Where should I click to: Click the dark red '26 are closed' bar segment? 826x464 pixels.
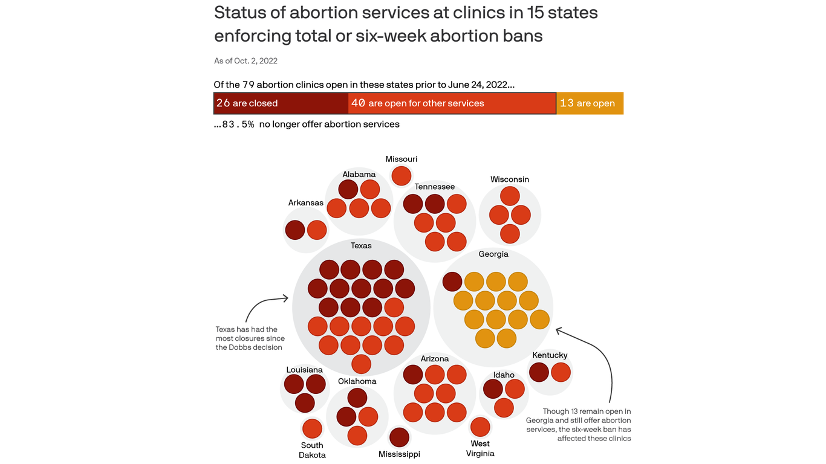point(281,103)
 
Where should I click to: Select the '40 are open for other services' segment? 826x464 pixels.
point(452,103)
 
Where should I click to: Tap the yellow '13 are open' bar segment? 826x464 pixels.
point(590,103)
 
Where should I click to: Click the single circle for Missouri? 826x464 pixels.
point(402,176)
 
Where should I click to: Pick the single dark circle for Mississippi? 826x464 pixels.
point(399,437)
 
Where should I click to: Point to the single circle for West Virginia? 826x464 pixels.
point(480,427)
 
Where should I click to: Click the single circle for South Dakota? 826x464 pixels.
point(312,429)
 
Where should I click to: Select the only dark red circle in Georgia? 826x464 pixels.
point(452,282)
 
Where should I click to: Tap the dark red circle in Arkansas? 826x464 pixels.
point(295,230)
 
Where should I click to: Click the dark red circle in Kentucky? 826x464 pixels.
point(539,372)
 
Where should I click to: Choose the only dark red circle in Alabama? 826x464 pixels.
point(348,189)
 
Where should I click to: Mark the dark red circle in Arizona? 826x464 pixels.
point(413,375)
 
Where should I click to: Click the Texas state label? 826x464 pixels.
point(361,246)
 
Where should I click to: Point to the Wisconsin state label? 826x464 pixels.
point(510,179)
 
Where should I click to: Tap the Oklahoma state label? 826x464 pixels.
point(357,381)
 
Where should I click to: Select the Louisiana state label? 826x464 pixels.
point(304,370)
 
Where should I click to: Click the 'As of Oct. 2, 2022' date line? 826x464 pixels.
point(246,61)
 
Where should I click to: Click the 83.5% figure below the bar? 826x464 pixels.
point(238,124)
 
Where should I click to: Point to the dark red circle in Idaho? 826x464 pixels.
point(493,389)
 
